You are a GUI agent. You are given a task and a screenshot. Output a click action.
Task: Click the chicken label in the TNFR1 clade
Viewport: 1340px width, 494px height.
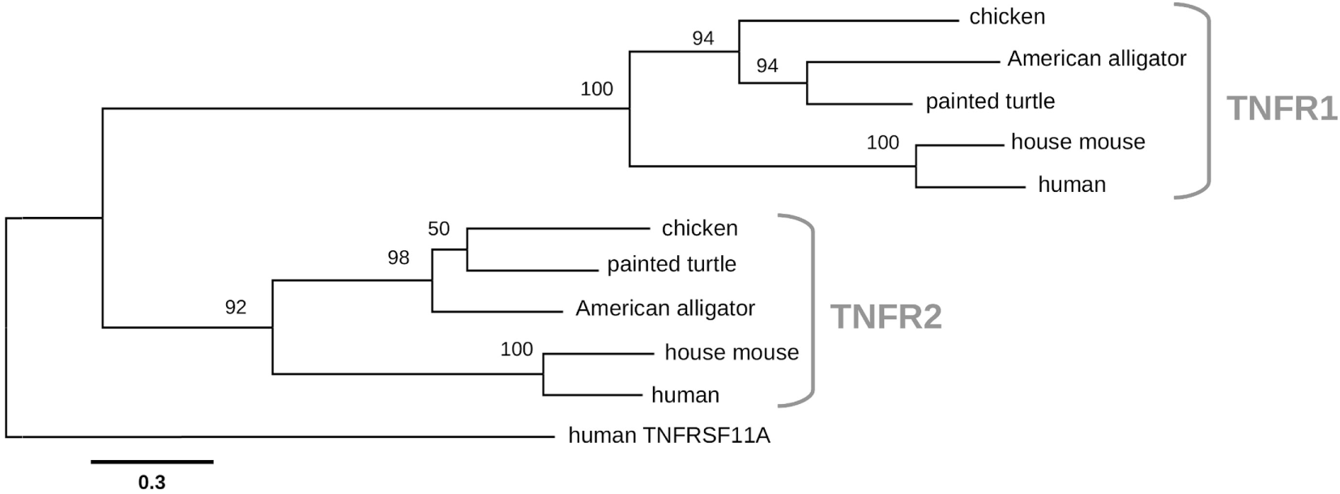click(1007, 17)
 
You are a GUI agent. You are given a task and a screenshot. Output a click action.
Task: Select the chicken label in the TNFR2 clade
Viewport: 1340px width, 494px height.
click(699, 228)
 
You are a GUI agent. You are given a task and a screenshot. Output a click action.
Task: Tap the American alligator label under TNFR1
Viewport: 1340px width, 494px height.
click(1096, 59)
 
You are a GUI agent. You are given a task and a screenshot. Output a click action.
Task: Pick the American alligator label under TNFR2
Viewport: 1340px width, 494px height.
click(665, 309)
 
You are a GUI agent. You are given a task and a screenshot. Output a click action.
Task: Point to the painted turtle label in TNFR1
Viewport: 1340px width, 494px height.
click(990, 102)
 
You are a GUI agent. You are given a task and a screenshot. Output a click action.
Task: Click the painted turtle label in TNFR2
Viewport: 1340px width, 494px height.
click(672, 265)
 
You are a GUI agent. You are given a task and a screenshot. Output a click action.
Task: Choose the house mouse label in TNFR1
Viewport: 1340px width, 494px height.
click(1078, 143)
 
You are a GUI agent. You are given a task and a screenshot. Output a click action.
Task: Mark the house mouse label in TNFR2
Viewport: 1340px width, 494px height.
click(732, 352)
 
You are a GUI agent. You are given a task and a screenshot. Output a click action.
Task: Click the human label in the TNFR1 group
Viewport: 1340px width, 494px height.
click(1071, 185)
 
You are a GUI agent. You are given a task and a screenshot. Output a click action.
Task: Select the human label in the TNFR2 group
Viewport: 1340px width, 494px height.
click(685, 395)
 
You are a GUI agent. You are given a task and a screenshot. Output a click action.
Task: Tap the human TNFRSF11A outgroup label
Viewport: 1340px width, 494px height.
click(669, 437)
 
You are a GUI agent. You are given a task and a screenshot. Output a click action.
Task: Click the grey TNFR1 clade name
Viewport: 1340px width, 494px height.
click(1282, 108)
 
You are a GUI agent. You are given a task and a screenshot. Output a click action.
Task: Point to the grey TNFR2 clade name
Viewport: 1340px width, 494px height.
click(886, 317)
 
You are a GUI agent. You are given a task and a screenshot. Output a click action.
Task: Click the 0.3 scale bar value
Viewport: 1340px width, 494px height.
click(151, 483)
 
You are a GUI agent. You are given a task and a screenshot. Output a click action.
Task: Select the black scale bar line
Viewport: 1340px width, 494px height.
click(151, 462)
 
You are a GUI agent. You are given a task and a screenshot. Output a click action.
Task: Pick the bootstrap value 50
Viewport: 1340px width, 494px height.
click(438, 229)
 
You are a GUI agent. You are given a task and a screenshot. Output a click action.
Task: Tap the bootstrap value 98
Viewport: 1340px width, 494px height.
click(399, 258)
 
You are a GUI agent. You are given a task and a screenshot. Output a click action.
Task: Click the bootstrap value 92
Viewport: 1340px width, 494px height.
click(236, 308)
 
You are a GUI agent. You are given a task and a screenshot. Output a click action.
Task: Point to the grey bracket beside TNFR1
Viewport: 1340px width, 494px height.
click(1207, 100)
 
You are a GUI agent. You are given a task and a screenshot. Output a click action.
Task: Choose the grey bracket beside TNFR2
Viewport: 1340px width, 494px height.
click(811, 310)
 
